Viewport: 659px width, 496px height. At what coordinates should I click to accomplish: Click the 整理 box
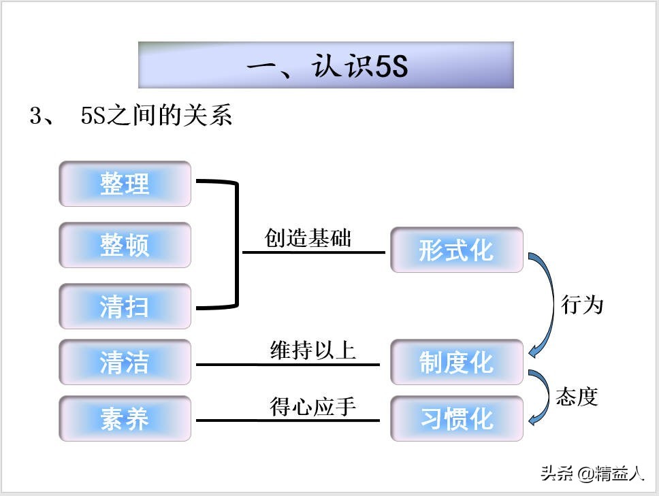click(125, 184)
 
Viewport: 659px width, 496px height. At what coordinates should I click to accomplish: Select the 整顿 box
click(125, 245)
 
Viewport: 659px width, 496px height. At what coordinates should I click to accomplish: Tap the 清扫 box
click(125, 307)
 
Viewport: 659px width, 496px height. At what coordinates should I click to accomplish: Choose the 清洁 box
click(125, 362)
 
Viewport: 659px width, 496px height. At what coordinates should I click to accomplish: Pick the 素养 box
click(125, 418)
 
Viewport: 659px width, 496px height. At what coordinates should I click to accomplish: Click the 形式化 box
click(456, 250)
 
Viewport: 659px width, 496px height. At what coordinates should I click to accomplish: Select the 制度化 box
click(456, 362)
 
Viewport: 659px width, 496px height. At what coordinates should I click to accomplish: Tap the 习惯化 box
click(456, 418)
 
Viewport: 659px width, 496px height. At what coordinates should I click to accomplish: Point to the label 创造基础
click(308, 238)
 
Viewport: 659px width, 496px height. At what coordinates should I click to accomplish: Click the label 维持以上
click(312, 350)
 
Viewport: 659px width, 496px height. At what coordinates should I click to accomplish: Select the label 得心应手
click(312, 407)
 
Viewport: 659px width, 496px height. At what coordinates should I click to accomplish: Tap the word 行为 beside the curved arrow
click(582, 304)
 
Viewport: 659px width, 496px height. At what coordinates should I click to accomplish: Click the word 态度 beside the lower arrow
click(577, 396)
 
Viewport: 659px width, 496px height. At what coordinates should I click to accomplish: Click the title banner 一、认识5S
click(325, 65)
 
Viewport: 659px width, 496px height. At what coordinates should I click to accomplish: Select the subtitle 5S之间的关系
click(156, 116)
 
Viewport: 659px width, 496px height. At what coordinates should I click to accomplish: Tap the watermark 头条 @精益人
click(592, 474)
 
